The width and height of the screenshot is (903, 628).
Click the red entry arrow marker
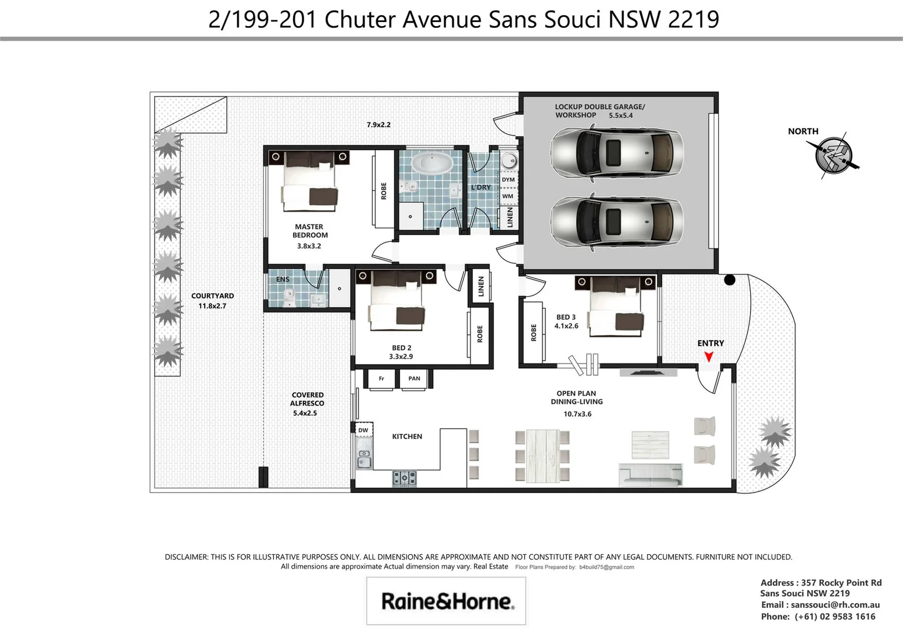coord(709,356)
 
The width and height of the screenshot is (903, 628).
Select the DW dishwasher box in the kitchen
coord(363,430)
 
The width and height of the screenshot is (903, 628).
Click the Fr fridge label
coord(381,379)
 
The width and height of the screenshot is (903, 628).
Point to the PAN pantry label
coord(414,379)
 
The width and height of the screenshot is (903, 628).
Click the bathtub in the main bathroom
coord(432,163)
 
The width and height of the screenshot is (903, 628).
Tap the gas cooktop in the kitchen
coord(404,478)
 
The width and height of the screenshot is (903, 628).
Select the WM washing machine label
coord(508,197)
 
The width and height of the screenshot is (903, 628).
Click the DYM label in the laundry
coord(508,179)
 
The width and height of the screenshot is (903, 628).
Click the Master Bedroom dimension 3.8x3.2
coord(309,246)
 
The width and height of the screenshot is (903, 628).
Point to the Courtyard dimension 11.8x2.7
coord(212,306)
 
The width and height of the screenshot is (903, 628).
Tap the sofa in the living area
coord(650,475)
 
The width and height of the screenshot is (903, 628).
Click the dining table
coord(542,456)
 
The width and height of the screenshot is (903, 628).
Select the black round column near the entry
coord(729,280)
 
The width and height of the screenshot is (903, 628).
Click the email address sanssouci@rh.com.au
coord(835,605)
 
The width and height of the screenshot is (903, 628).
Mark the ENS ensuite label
coord(283,279)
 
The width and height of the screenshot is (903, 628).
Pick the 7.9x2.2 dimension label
coord(379,125)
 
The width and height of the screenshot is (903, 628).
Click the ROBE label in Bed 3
coord(534,333)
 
